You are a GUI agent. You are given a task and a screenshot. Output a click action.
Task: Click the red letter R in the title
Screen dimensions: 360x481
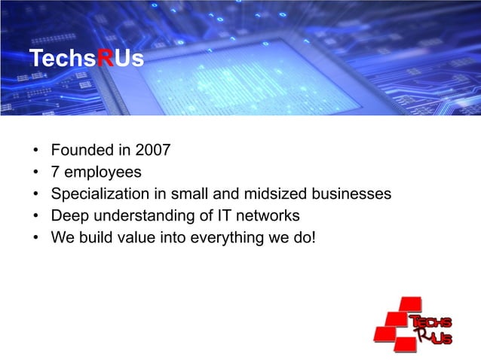108,59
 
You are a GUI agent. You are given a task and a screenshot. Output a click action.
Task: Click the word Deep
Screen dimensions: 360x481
68,217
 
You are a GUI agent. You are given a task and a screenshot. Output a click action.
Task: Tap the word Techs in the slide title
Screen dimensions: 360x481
64,59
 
